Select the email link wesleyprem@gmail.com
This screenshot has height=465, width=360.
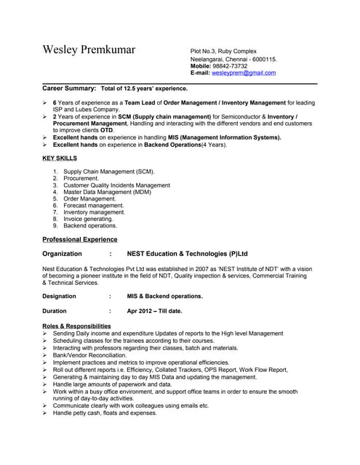[x=243, y=73]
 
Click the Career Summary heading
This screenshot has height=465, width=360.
[x=69, y=88]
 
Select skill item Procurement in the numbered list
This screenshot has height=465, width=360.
[x=81, y=178]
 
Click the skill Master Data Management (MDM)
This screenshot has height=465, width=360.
[x=107, y=192]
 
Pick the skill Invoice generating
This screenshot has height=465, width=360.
[x=88, y=219]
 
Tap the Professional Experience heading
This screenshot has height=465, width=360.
[x=79, y=239]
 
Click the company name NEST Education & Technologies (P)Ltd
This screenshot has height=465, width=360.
[x=187, y=254]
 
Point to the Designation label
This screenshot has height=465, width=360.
[x=59, y=296]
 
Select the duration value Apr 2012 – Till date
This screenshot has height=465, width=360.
[x=154, y=311]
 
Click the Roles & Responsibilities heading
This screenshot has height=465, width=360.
[x=76, y=326]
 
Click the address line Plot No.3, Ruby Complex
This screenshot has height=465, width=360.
[x=223, y=51]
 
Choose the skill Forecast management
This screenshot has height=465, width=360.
[x=93, y=206]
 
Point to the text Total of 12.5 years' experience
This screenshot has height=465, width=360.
[x=144, y=88]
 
